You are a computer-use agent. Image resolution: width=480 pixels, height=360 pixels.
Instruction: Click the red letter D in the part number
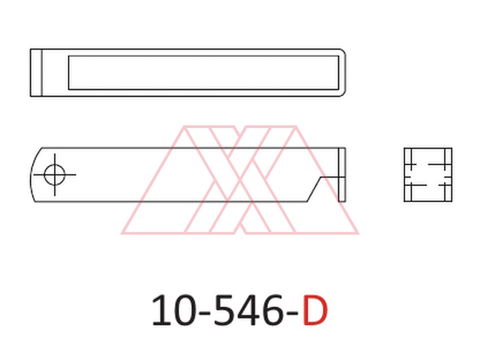coord(315,310)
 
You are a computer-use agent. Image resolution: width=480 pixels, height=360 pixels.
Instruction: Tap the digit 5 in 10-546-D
coord(223,310)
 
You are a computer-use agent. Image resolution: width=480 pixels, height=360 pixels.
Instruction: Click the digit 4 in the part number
coord(246,310)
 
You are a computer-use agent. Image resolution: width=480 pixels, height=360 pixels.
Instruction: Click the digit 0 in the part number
coord(184,310)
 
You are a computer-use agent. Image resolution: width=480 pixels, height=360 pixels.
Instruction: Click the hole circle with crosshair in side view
coord(54,175)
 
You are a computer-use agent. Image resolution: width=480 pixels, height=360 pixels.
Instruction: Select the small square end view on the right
coord(428,175)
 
